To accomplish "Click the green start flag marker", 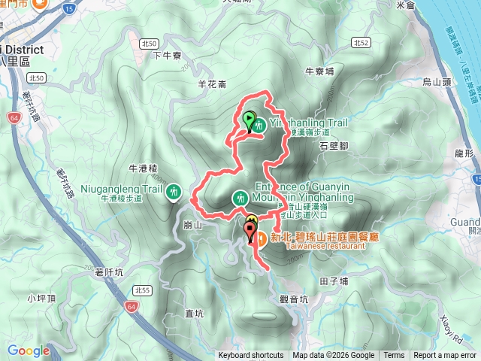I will point(249,120).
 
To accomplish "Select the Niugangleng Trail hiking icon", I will point(174,192).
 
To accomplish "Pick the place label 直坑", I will point(195,312).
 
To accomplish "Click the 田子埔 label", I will point(333,281).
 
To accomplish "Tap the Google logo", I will point(29,350).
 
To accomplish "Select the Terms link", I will point(394,356).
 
